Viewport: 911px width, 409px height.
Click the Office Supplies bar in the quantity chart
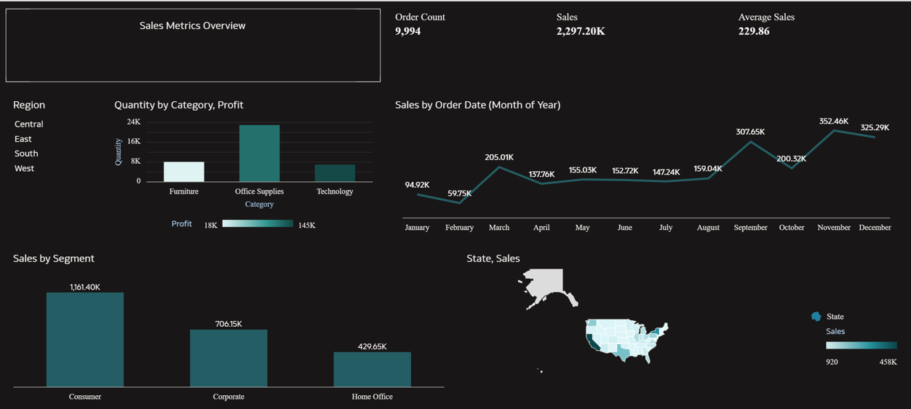pos(259,154)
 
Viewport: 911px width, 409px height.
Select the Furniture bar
pos(183,172)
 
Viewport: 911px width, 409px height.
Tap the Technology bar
pos(335,173)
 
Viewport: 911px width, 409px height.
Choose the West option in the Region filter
pos(24,168)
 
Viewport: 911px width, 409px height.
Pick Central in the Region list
pos(29,124)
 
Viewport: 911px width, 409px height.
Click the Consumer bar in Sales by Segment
pos(85,340)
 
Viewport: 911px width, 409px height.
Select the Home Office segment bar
pos(372,369)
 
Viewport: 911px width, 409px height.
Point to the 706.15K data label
pos(228,324)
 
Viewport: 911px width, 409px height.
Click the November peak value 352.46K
pos(833,122)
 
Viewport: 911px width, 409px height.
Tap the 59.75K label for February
pos(459,194)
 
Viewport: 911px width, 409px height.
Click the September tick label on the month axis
pos(750,228)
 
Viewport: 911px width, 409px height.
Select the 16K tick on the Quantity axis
pos(134,142)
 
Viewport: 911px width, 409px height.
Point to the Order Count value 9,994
pos(408,31)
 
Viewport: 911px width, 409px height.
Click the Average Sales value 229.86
pos(754,31)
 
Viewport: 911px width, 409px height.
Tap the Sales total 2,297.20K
pos(581,31)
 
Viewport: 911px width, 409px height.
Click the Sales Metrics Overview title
pos(192,25)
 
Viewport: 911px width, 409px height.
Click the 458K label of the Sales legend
pos(888,362)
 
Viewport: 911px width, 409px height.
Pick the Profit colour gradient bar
pos(258,224)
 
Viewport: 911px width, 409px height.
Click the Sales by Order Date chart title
pos(477,105)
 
